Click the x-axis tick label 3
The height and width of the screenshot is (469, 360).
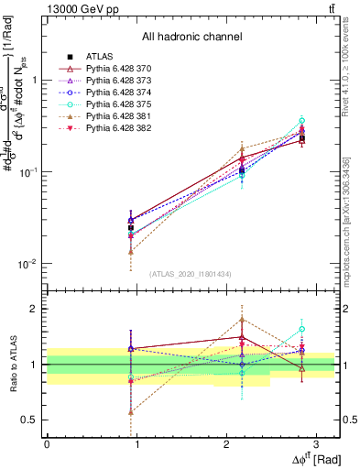(x=315, y=443)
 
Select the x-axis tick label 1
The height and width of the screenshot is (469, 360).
(x=136, y=443)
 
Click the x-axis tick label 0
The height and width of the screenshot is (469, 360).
(x=47, y=443)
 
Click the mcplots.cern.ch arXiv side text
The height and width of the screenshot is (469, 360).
(x=346, y=220)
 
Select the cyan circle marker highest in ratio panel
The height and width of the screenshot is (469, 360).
(x=301, y=329)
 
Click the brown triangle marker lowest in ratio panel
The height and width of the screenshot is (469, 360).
(x=131, y=412)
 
